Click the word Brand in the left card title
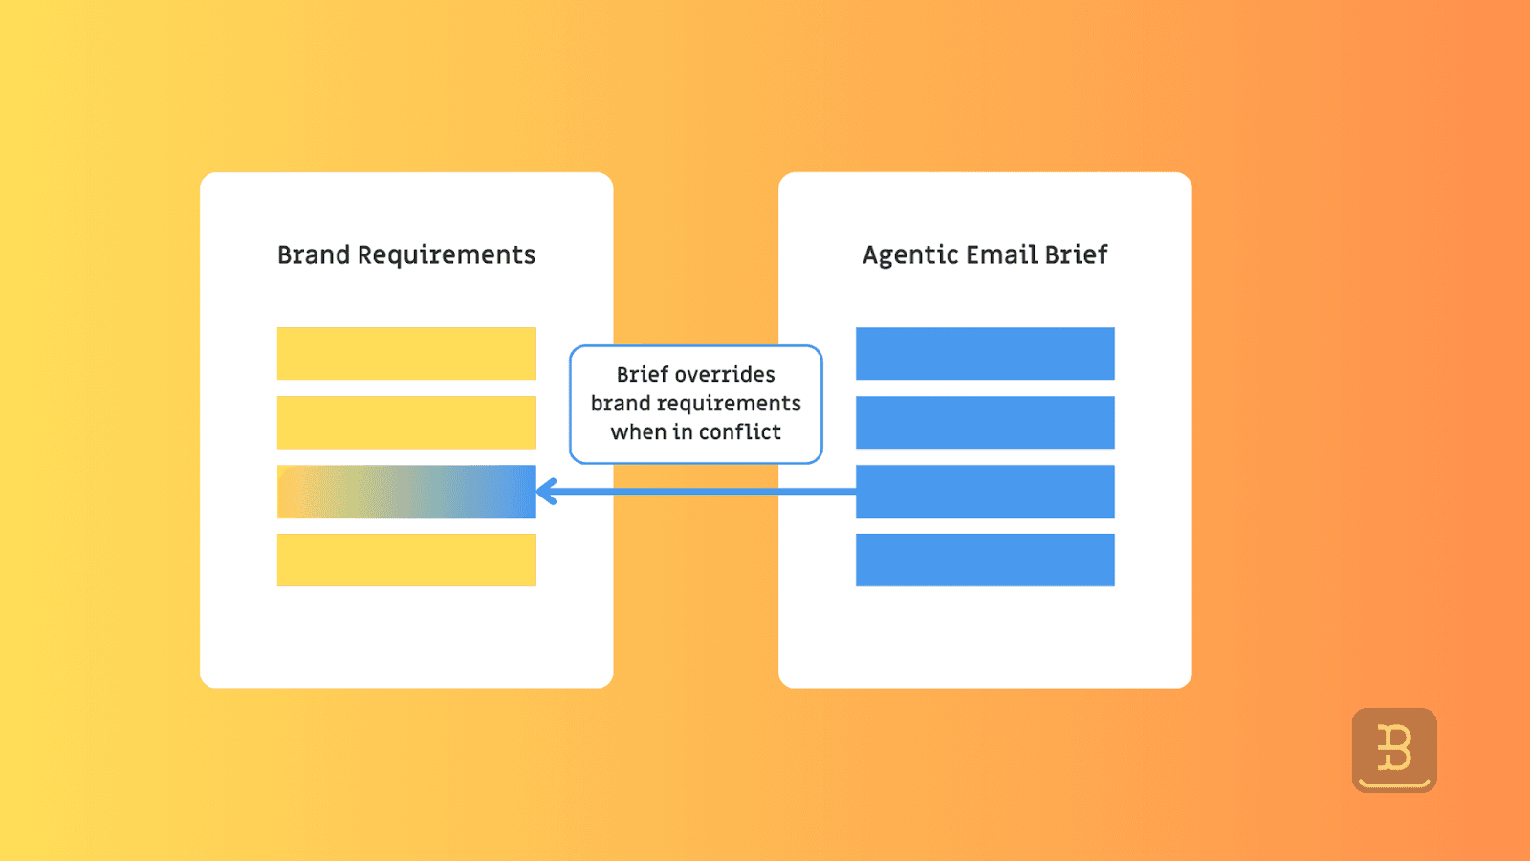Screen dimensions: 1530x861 tap(314, 254)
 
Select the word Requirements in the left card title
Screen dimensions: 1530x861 tap(446, 255)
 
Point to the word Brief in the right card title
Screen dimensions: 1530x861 tap(1076, 254)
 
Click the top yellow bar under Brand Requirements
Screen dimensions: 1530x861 tap(406, 354)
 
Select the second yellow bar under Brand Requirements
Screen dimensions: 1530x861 tap(406, 423)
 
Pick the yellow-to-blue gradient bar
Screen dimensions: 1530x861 tap(406, 492)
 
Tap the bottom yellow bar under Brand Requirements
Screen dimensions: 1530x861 tap(406, 560)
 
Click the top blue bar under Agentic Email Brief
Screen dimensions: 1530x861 tap(985, 354)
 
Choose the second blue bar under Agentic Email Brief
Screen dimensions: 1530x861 tap(985, 423)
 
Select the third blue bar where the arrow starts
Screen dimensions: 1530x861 tap(985, 492)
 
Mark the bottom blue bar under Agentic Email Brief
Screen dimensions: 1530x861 tap(985, 560)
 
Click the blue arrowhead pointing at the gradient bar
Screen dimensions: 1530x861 tap(547, 492)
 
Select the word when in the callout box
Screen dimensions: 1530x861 tap(638, 431)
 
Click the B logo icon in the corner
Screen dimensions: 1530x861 tap(1394, 750)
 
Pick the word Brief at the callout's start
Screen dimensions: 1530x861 tap(642, 374)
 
